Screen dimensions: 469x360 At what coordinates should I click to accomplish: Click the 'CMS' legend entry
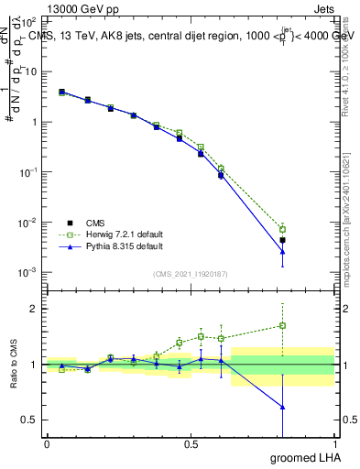tap(96, 222)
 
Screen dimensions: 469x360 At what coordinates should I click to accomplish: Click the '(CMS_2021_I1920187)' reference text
tap(191, 272)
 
